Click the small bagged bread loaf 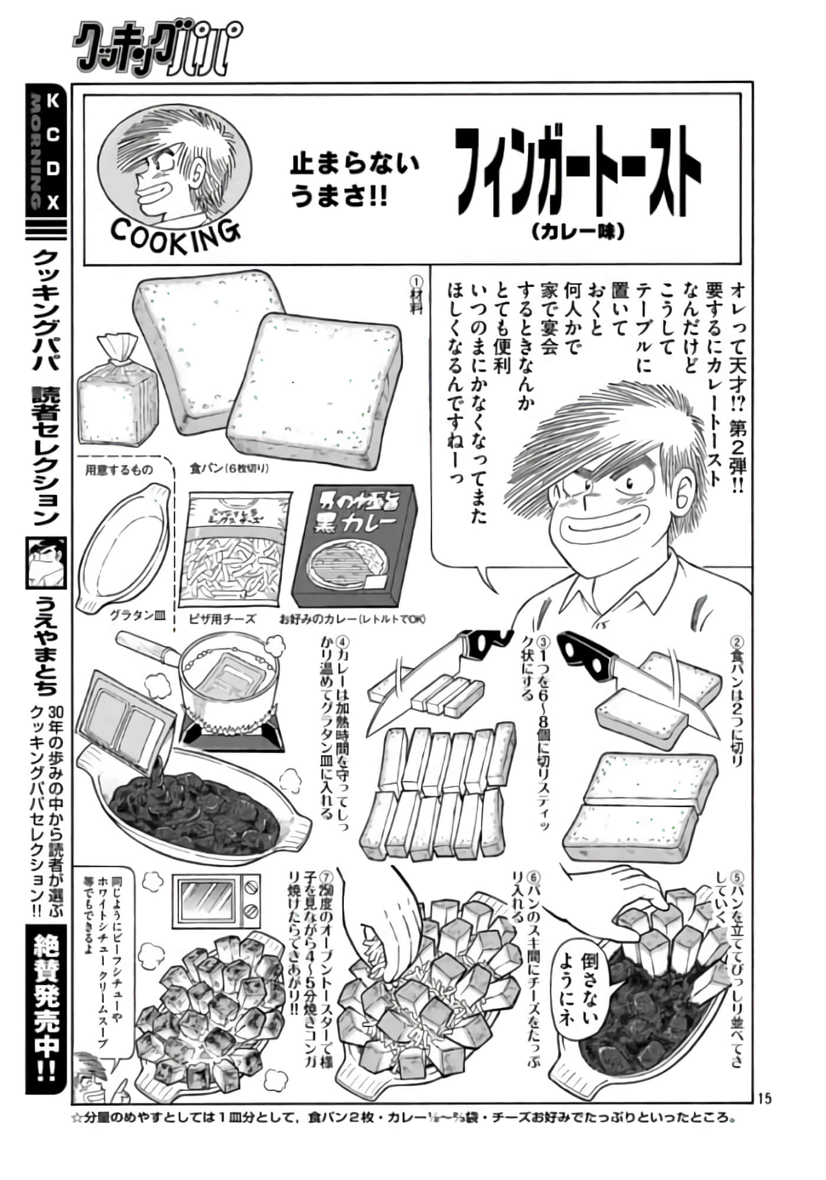point(118,392)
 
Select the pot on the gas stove point(227,676)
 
